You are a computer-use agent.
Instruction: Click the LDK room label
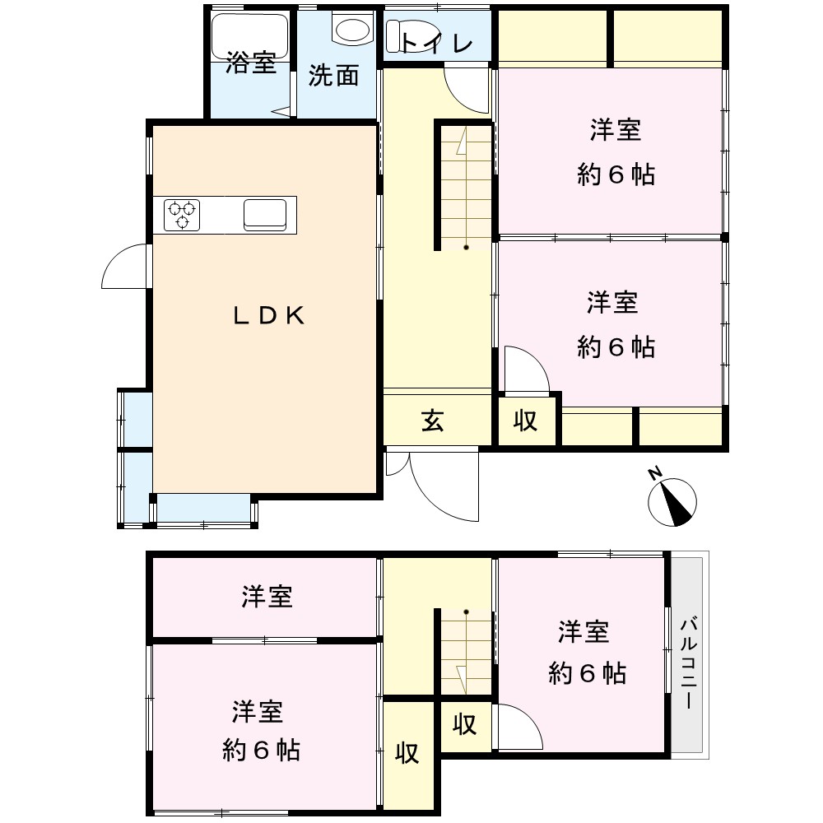[x=268, y=315]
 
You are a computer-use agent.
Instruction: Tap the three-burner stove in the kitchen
[x=182, y=215]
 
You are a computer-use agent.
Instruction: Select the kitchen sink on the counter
[x=265, y=215]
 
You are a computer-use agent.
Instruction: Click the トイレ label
[x=437, y=43]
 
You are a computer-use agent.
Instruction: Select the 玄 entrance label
[x=433, y=421]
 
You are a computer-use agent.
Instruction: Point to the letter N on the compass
[x=654, y=473]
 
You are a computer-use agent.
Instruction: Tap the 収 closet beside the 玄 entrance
[x=526, y=421]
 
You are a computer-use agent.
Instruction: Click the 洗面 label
[x=333, y=76]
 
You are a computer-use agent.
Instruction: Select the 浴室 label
[x=251, y=63]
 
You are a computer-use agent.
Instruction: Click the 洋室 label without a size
[x=267, y=597]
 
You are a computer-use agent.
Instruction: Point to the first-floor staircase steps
[x=466, y=188]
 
